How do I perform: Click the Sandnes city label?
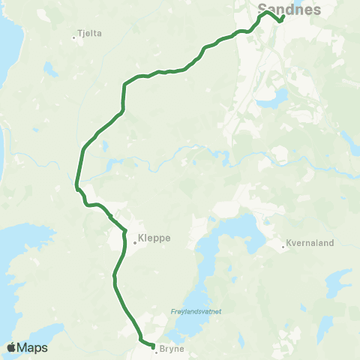coord(289,9)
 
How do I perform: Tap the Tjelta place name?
coord(90,34)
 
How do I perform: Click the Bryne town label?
coord(172,349)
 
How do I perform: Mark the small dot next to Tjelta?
coord(73,35)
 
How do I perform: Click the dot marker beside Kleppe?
coord(135,241)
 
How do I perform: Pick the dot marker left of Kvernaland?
coord(283,245)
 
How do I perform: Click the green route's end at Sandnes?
coord(280,21)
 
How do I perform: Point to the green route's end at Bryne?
coord(152,346)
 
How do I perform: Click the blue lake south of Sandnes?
coord(278,97)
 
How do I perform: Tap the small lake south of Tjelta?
coord(50,69)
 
